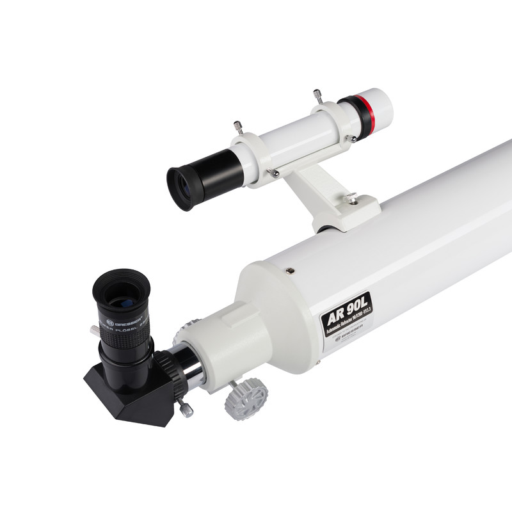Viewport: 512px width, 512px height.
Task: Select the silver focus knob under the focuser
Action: [x=246, y=397]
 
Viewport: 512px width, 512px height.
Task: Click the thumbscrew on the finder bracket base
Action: [x=351, y=199]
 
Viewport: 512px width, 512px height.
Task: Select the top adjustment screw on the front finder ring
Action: [x=317, y=96]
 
